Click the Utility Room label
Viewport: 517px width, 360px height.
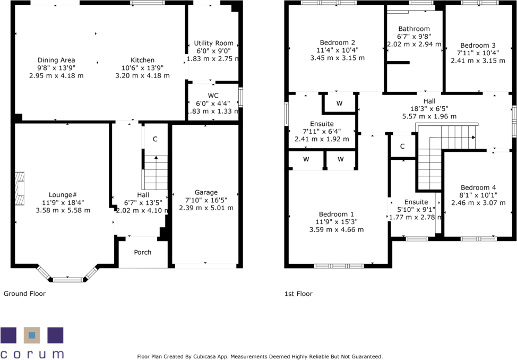tap(213, 43)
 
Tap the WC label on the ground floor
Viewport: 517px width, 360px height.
tap(213, 95)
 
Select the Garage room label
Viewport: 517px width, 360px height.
tap(206, 192)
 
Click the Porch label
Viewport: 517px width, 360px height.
tap(142, 252)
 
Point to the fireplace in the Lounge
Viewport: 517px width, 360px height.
tap(20, 188)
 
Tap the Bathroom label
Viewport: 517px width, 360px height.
tap(414, 29)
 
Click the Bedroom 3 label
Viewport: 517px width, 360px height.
tap(478, 45)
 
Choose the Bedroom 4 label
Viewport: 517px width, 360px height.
tap(478, 187)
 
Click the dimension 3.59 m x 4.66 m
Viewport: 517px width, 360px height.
tap(337, 229)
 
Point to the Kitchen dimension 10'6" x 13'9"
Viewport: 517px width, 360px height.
tap(142, 68)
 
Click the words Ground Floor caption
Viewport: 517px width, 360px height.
tap(24, 294)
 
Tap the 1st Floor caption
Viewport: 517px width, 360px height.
tap(298, 294)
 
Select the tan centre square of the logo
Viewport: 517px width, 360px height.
tap(32, 335)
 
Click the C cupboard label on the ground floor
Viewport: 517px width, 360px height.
tap(155, 139)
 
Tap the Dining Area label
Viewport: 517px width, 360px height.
tap(56, 60)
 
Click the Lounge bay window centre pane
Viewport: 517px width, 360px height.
tap(67, 279)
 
